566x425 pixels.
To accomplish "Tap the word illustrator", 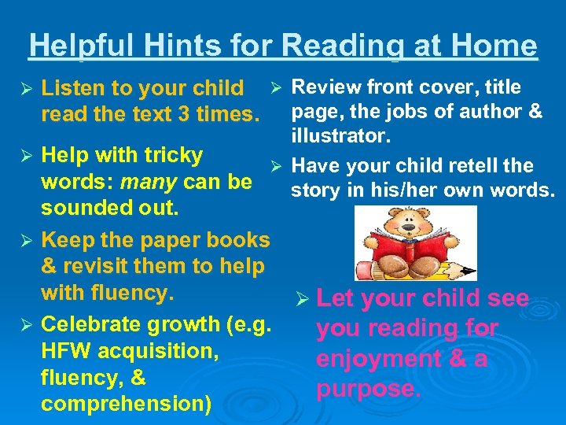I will point(340,137).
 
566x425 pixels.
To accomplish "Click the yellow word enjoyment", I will point(377,359).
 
